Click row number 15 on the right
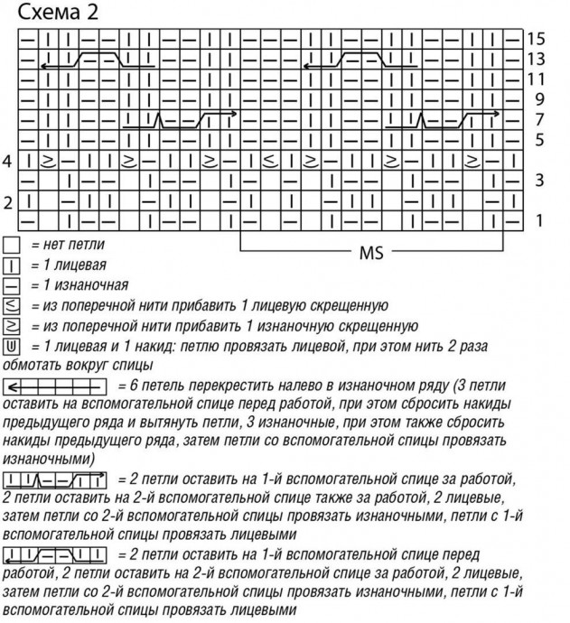tap(537, 39)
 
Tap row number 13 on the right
tap(537, 59)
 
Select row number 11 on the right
tap(537, 79)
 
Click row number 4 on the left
tap(8, 161)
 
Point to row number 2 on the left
tap(8, 200)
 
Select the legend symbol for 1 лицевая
tap(12, 265)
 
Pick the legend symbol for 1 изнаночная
tap(12, 285)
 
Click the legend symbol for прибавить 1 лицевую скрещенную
tap(12, 305)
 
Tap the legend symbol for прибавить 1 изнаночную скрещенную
tap(12, 325)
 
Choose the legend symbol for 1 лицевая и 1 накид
tap(12, 345)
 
